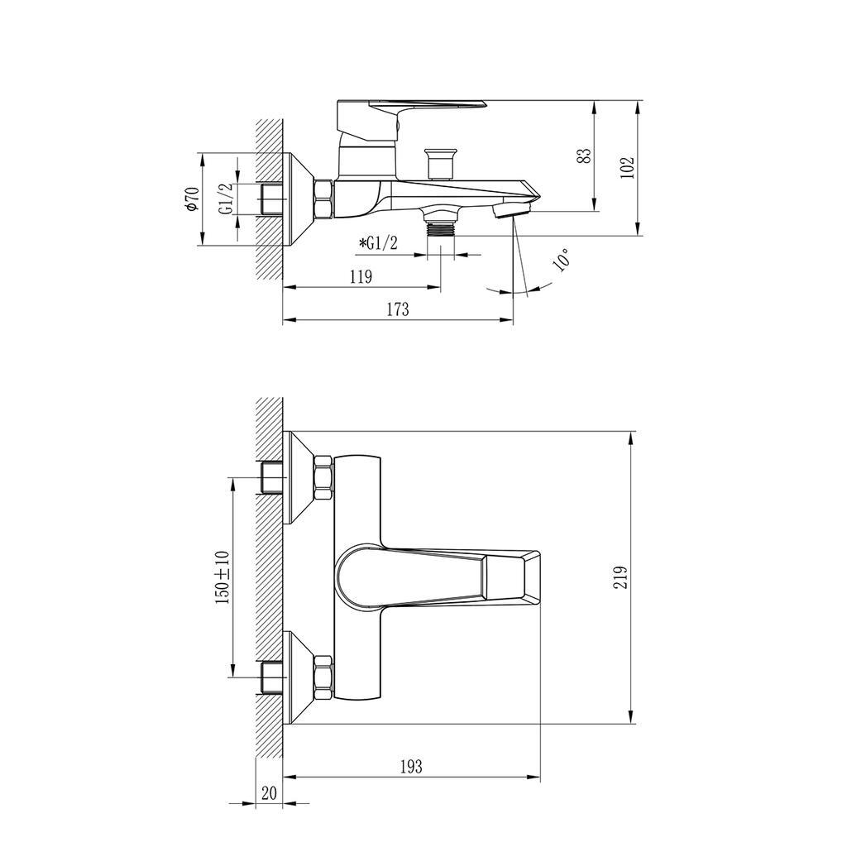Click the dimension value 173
coord(398,309)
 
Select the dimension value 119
coord(361,276)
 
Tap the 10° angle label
coord(562,259)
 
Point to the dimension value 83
coord(585,156)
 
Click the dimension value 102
coord(627,168)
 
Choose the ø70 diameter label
coord(193,199)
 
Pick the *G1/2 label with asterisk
coord(377,244)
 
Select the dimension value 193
coord(411,766)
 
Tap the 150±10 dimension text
coord(223,577)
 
